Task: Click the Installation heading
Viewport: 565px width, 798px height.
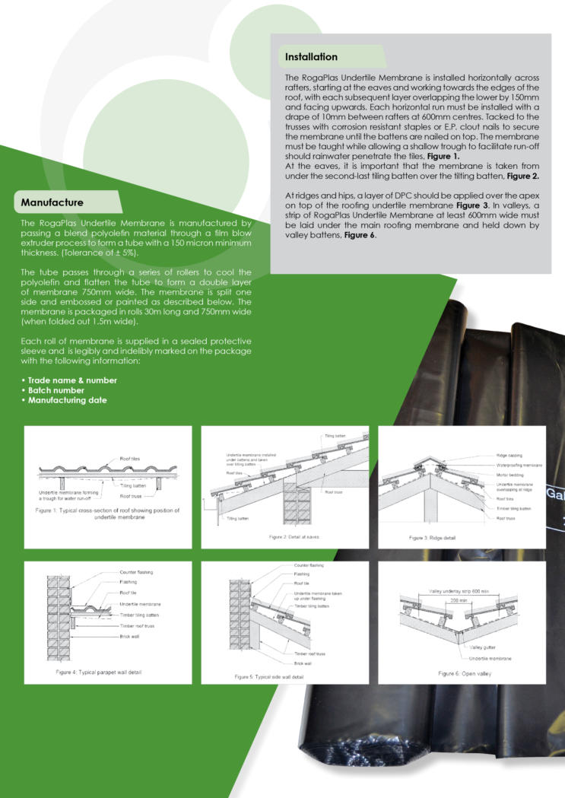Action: pos(311,57)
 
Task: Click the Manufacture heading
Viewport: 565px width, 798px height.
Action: pos(52,202)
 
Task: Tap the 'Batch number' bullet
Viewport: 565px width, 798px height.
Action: pos(56,390)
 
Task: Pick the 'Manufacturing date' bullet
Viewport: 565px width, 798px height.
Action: pos(67,400)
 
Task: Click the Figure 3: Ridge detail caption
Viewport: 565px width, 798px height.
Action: pos(432,538)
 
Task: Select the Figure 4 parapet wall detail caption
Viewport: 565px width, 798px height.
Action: pos(98,672)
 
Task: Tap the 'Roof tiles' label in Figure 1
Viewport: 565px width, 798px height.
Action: pos(129,459)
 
